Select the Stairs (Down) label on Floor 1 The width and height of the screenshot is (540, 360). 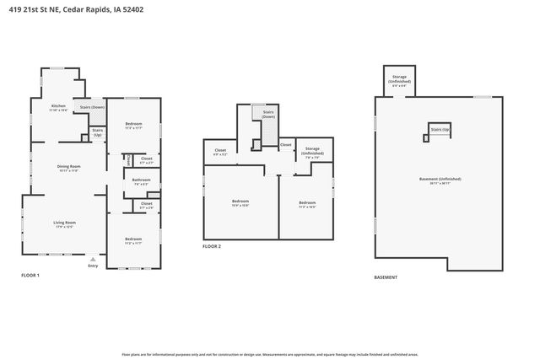92,107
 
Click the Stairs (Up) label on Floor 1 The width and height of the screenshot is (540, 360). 97,132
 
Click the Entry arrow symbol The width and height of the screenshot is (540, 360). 93,259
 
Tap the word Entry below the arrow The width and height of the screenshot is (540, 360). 93,266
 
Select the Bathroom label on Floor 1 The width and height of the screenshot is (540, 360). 141,180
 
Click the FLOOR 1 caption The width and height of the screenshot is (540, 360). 30,276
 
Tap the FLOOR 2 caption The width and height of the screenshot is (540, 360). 212,246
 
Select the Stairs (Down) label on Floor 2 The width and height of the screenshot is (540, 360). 268,114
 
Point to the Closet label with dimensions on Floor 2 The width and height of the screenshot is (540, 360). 220,153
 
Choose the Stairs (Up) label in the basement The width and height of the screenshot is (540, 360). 440,130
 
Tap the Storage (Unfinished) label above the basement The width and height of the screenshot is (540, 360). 400,79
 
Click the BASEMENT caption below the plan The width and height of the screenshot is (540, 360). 386,277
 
